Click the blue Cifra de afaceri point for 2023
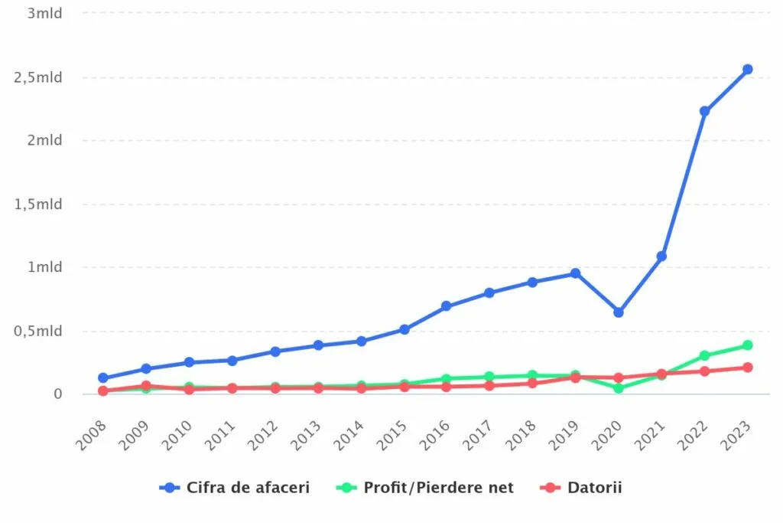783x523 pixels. point(747,70)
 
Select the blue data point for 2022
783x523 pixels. point(704,111)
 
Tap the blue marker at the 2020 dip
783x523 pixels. point(618,312)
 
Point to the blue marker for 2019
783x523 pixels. point(575,273)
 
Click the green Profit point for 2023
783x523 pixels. point(747,345)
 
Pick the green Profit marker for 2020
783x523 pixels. point(618,388)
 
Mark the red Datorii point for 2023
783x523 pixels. point(747,368)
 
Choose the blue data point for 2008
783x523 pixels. point(102,378)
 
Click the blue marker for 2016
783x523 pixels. point(447,306)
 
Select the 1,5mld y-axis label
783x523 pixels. point(37,204)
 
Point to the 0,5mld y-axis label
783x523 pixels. point(37,331)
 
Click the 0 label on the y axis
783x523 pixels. point(57,394)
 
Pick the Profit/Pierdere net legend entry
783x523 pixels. point(427,487)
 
